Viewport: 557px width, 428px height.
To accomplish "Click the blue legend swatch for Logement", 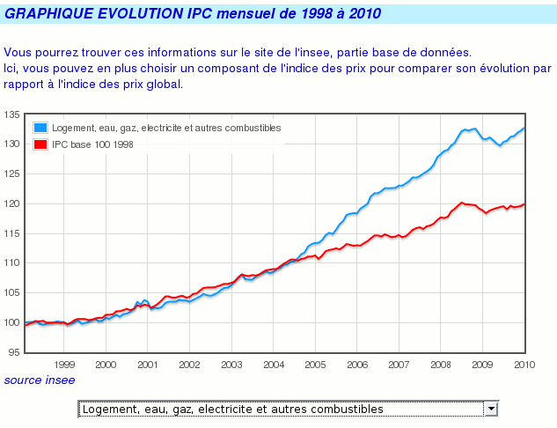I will [x=40, y=129].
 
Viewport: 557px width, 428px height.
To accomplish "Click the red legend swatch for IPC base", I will [x=40, y=144].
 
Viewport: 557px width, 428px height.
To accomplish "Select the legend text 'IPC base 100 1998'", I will [x=92, y=144].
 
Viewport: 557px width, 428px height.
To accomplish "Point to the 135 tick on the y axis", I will [x=11, y=114].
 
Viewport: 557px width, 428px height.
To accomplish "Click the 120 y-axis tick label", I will [x=11, y=203].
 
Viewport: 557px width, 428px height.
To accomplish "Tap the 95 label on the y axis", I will [x=14, y=351].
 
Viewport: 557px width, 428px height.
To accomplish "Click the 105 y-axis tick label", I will [x=11, y=292].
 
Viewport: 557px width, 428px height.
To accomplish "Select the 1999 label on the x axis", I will [x=64, y=364].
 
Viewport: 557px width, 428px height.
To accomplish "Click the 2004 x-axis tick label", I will [x=274, y=364].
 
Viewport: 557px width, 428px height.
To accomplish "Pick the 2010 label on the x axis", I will [x=525, y=364].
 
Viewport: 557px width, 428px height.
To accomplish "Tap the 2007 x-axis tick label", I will [x=399, y=364].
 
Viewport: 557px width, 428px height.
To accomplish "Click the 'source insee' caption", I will [x=40, y=380].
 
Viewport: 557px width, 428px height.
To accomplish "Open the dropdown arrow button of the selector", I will [x=492, y=409].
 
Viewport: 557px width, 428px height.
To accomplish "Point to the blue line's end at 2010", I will [x=525, y=128].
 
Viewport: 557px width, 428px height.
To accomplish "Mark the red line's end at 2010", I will [x=525, y=204].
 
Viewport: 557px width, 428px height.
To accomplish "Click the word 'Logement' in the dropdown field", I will [x=107, y=409].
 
